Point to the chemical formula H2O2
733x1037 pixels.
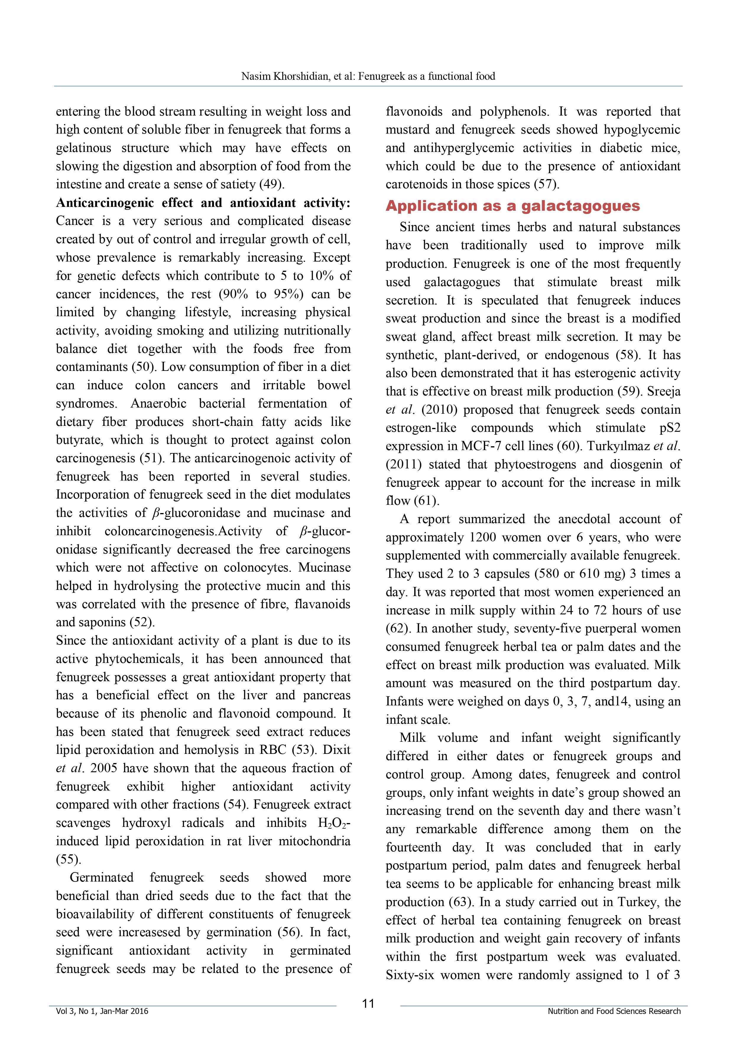coord(333,823)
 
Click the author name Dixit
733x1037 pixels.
coord(336,750)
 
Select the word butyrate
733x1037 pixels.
coord(80,440)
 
